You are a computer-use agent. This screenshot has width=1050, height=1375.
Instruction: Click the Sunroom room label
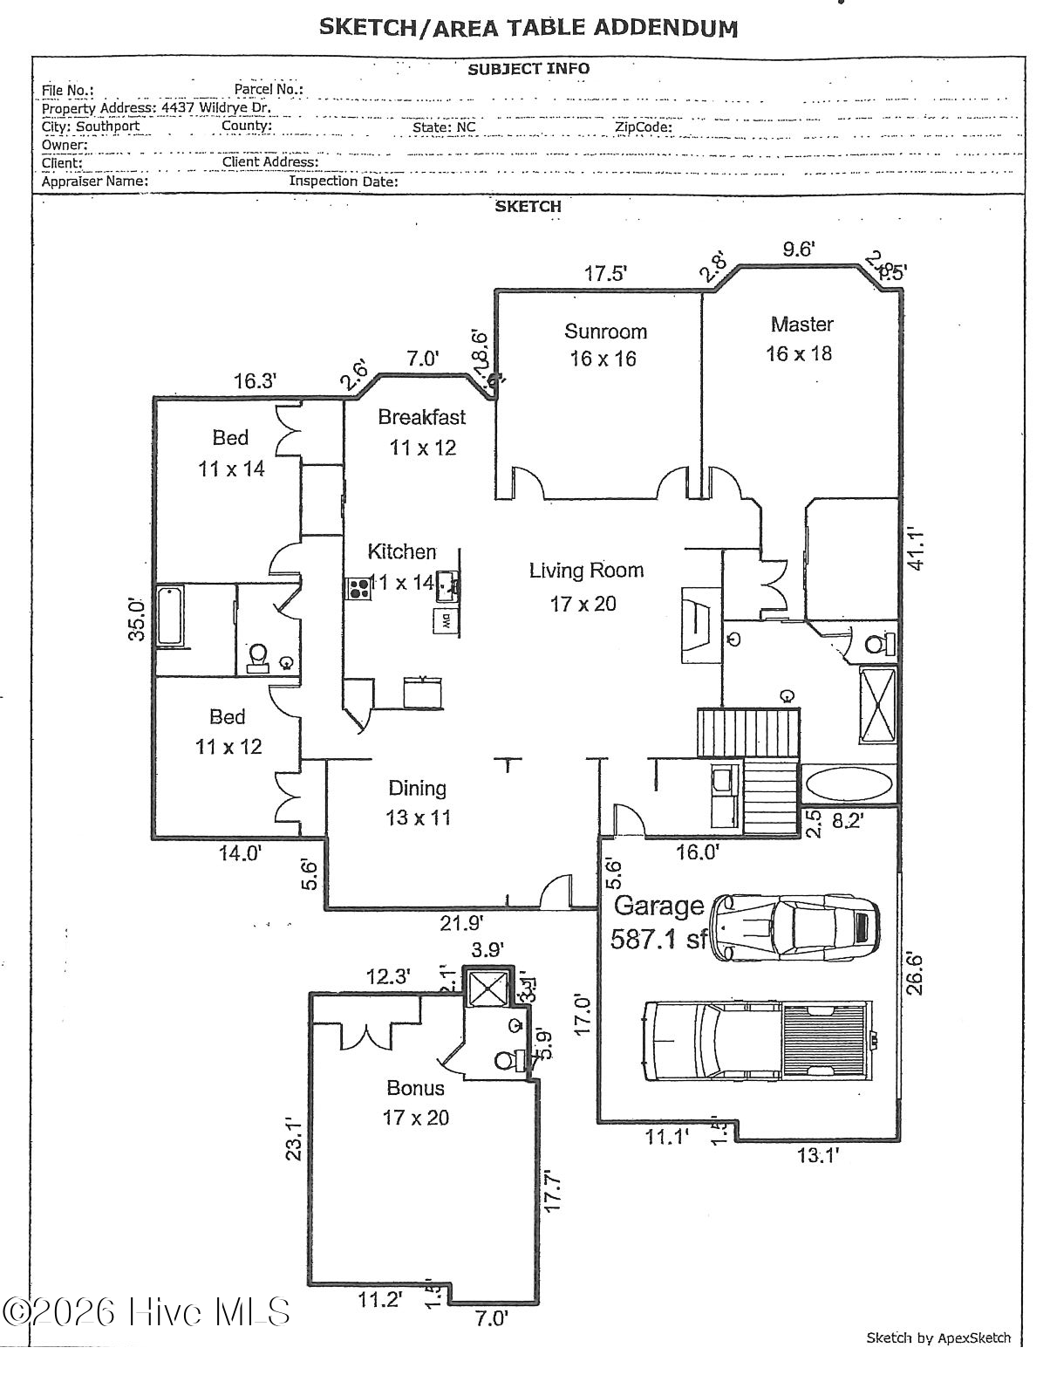[605, 332]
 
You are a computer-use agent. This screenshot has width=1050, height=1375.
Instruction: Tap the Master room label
[801, 325]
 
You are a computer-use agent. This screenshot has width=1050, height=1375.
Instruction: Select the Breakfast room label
[422, 417]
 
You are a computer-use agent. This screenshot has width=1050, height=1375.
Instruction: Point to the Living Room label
[586, 571]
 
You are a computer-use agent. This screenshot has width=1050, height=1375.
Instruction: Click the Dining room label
[417, 789]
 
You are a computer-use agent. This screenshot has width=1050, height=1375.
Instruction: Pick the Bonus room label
[415, 1088]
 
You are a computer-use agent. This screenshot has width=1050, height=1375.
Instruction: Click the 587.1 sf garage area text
[658, 939]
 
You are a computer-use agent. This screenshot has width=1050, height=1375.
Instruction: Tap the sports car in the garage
[794, 927]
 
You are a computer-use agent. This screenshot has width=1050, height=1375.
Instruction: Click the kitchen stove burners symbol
[358, 588]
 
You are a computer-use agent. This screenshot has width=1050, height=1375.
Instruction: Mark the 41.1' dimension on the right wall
[917, 548]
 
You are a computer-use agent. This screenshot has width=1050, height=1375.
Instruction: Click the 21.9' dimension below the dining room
[461, 922]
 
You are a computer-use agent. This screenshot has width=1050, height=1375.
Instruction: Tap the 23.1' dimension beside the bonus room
[295, 1139]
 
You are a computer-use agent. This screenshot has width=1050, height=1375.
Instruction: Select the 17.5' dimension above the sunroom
[605, 274]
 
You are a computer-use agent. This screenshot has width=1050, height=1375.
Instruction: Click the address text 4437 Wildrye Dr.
[216, 108]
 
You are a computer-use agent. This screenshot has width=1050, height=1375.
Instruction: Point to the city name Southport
[107, 127]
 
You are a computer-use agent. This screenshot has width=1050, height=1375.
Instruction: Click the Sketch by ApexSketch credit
[937, 1337]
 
